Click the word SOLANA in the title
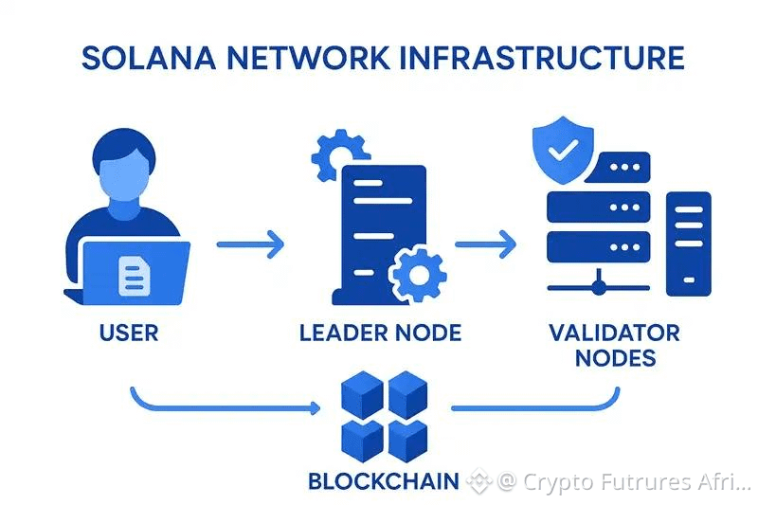coord(149,58)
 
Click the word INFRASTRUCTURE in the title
coord(542,58)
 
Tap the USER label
coord(129,333)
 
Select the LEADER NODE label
coord(380,333)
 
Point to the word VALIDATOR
coord(614,333)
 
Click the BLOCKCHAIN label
coord(384,481)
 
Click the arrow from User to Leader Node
coord(250,244)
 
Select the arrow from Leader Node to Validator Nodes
coord(485,244)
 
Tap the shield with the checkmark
coord(563,150)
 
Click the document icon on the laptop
coord(134,276)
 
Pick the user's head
coord(124,165)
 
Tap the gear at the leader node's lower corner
coord(418,275)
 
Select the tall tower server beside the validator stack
coord(689,244)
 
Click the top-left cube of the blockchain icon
coord(362,394)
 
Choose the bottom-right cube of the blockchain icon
coord(408,441)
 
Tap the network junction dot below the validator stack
coord(599,288)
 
